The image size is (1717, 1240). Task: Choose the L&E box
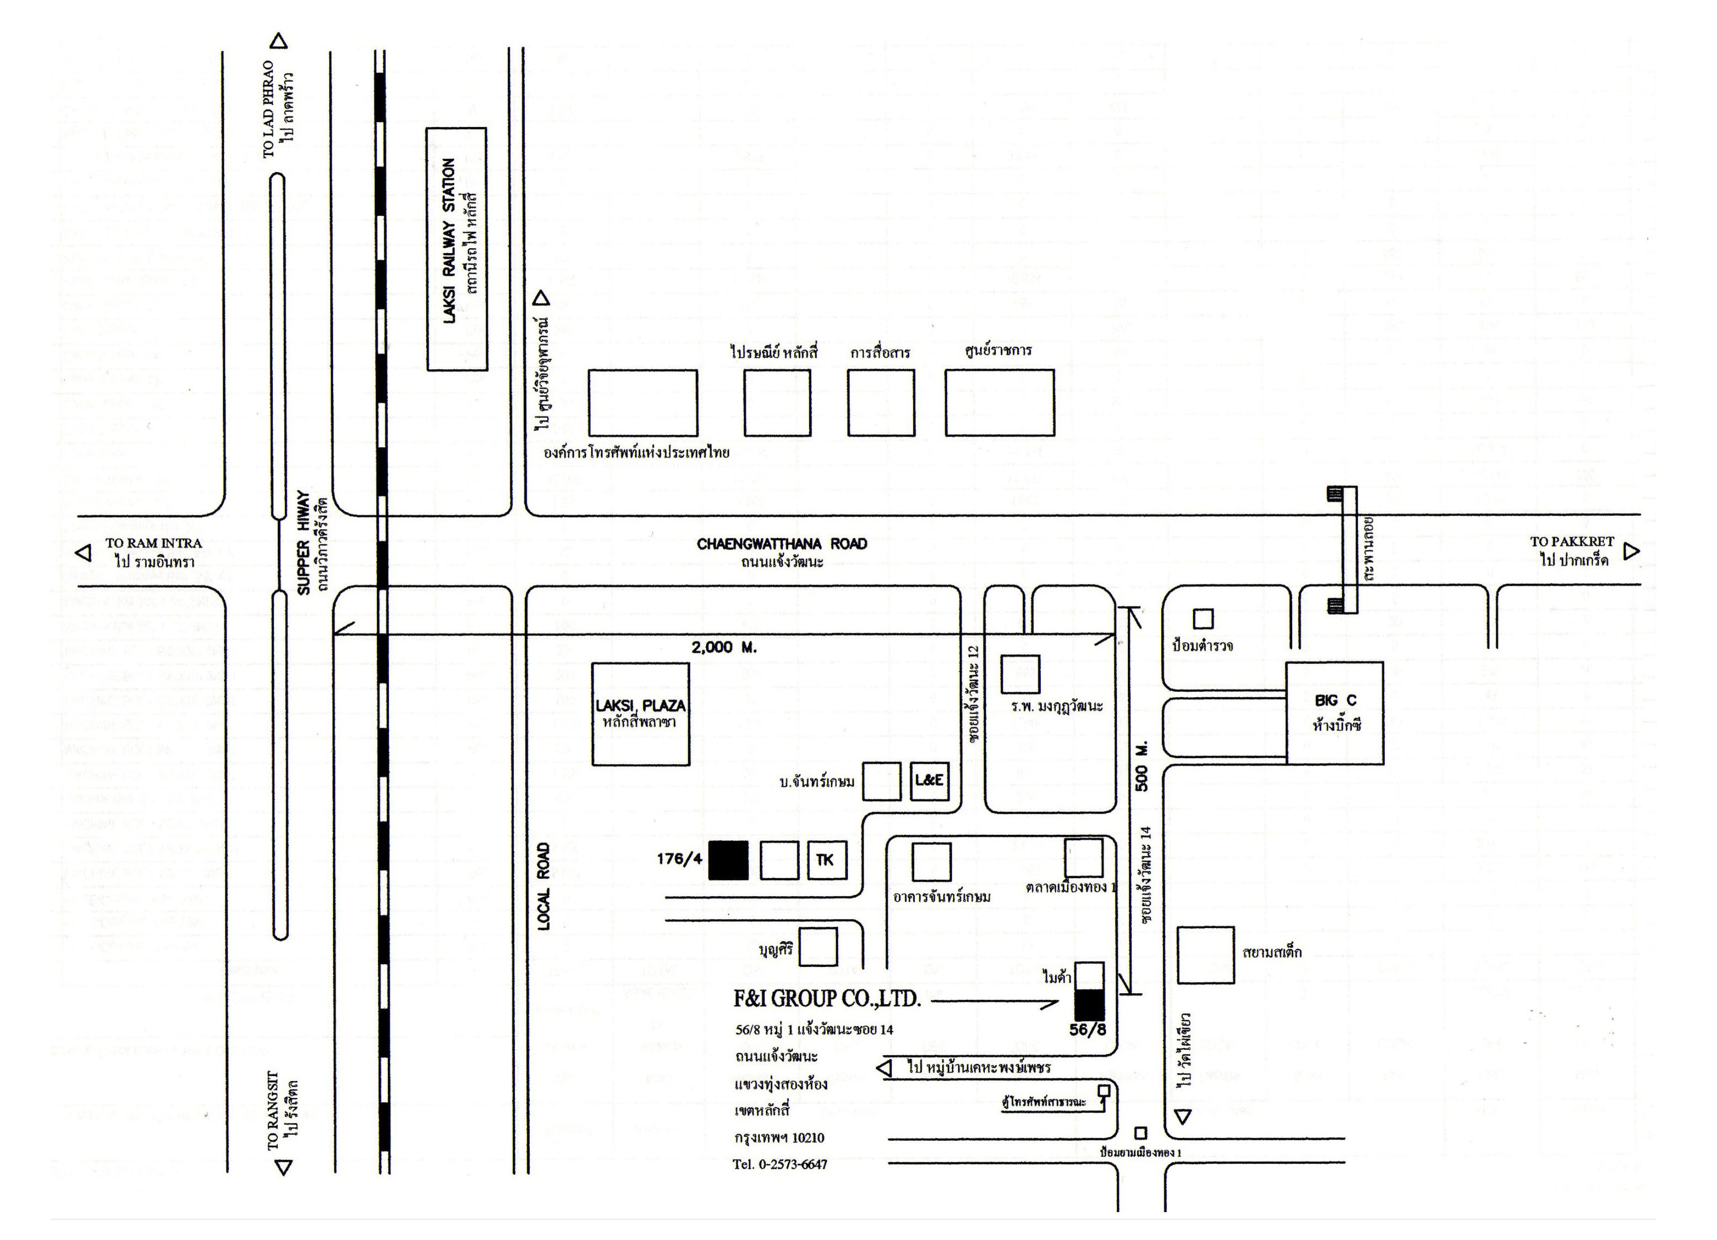928,779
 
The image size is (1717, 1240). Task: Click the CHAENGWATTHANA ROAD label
781,544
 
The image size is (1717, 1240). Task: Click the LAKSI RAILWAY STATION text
450,241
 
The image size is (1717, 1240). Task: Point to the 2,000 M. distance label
724,647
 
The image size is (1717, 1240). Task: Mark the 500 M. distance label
1142,766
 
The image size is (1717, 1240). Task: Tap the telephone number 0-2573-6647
780,1164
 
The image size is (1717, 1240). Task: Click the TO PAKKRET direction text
1572,542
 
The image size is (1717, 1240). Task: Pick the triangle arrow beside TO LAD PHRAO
279,41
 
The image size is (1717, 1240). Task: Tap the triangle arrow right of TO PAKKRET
1631,551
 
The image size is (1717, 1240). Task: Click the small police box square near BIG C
1203,619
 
